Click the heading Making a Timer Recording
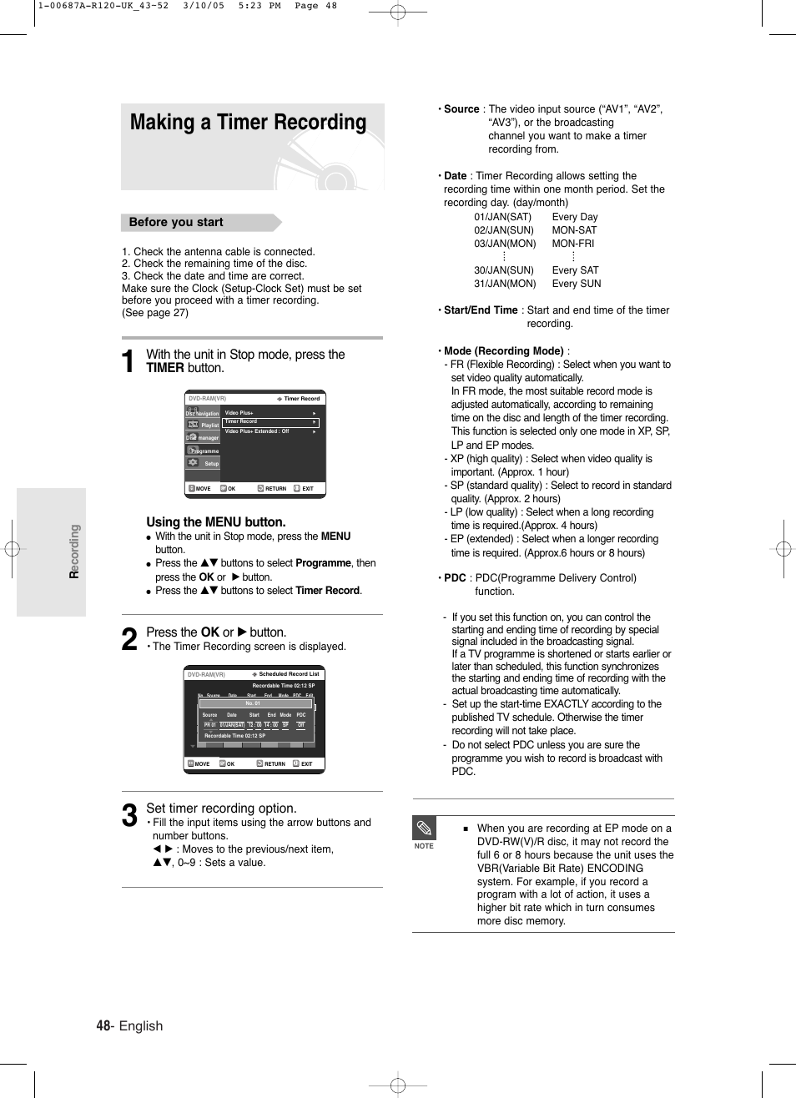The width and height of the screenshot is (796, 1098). point(248,123)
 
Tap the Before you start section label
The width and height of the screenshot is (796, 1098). point(176,222)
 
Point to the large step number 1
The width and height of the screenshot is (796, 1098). point(128,361)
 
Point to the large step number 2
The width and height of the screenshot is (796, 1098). point(128,639)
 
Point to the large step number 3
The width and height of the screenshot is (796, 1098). point(128,815)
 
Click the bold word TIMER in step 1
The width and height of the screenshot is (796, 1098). point(165,368)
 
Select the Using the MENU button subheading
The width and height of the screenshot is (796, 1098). point(215,521)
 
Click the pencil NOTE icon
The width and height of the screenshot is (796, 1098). point(424,829)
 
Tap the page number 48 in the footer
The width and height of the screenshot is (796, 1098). point(103,1025)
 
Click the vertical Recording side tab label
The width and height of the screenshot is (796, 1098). point(74,552)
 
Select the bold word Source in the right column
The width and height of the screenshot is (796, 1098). point(461,109)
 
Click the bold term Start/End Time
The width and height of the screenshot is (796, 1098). point(481,310)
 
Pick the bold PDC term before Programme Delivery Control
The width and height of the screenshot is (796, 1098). point(455,577)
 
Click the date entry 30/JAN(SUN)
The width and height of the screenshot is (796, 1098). point(504,270)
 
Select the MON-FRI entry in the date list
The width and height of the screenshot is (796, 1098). point(573,244)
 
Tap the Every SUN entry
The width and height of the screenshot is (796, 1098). point(576,284)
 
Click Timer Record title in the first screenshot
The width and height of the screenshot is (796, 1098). point(301,399)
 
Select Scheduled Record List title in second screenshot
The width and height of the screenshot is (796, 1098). point(289,674)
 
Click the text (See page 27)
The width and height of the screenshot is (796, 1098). point(155,313)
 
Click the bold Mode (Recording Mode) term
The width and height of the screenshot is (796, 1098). point(504,351)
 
